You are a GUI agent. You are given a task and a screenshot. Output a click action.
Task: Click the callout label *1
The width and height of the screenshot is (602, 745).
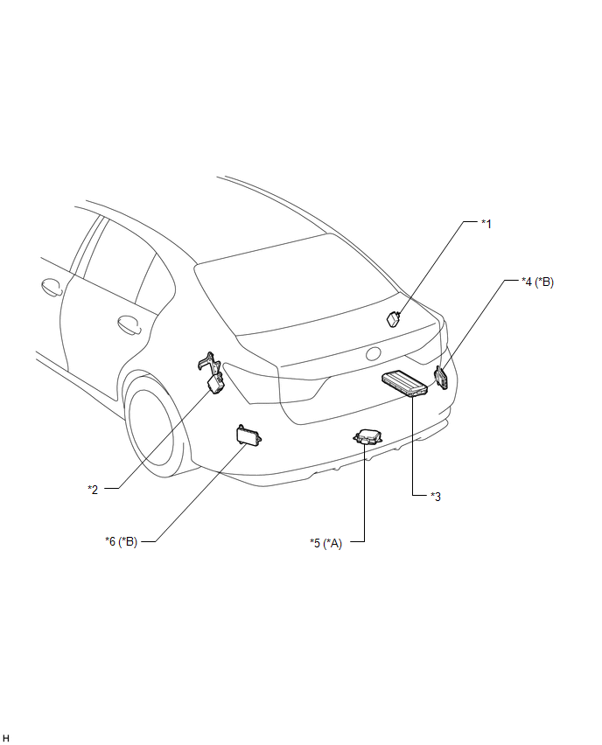[486, 224]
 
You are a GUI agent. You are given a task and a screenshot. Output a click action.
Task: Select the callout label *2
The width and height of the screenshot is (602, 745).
[94, 490]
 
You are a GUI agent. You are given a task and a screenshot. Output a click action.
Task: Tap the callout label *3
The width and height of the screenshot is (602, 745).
[436, 497]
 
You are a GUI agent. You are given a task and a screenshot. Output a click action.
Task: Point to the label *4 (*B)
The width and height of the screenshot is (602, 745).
[537, 282]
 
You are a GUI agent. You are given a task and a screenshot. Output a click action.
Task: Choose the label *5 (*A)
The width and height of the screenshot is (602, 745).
[325, 543]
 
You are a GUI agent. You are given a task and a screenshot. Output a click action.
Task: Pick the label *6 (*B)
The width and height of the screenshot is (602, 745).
[122, 541]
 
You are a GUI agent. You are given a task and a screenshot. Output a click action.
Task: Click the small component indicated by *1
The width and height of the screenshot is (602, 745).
[393, 319]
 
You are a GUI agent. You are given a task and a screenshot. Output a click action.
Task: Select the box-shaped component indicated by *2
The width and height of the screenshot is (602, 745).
[216, 384]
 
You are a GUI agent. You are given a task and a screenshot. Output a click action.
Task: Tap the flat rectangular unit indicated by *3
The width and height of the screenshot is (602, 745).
[404, 383]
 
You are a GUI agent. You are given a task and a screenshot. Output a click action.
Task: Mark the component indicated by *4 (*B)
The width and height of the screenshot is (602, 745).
[440, 378]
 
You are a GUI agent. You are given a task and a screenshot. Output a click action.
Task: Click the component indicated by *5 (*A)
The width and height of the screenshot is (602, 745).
[368, 436]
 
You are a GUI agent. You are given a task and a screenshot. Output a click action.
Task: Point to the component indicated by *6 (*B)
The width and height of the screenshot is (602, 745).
[248, 435]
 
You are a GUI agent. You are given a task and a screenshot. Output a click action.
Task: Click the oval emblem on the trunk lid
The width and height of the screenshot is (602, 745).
[374, 354]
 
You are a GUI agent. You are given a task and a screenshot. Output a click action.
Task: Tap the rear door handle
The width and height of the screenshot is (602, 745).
[129, 324]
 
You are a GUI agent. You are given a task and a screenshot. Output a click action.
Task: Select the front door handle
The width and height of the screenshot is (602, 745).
[52, 287]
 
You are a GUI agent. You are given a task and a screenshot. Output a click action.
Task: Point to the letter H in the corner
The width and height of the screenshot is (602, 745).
[6, 737]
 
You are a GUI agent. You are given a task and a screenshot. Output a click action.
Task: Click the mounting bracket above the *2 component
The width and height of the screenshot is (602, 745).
[209, 363]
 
